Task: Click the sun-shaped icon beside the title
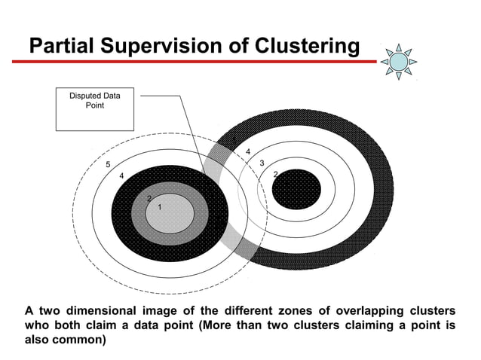398,60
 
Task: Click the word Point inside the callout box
94,105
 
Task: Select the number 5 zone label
108,164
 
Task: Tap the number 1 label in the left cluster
160,207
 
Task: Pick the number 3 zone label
261,163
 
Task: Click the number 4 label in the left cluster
121,175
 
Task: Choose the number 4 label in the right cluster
248,153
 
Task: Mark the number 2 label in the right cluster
275,175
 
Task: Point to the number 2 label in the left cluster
149,198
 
